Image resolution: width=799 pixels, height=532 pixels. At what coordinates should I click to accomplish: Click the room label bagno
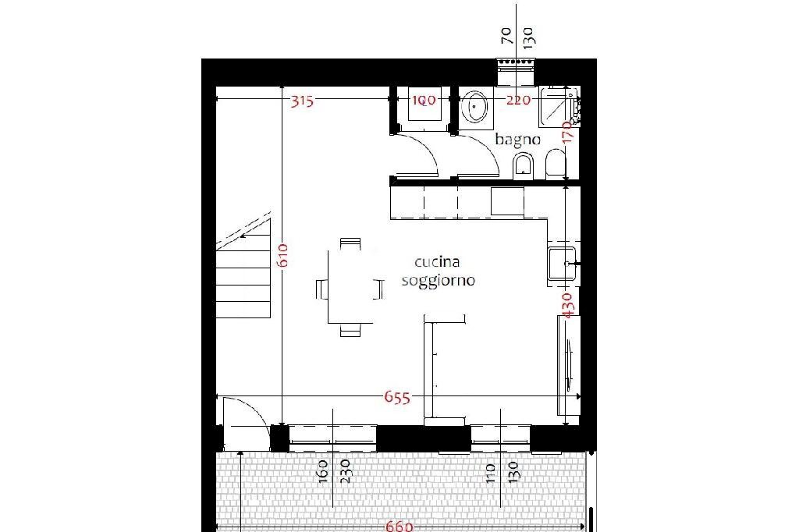coord(518,140)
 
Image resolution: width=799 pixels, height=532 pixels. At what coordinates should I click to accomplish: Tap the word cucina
coord(437,263)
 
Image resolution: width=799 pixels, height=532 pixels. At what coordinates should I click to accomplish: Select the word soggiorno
coord(438,281)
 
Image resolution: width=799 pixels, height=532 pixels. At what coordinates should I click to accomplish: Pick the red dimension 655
coord(396,397)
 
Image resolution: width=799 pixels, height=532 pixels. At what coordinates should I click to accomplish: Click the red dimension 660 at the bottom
coord(399,527)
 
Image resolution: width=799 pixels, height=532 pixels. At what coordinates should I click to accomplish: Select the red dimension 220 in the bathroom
coord(518,100)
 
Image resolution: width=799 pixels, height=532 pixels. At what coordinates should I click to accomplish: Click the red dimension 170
coord(568,136)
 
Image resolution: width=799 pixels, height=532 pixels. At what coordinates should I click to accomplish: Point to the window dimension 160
coord(324,471)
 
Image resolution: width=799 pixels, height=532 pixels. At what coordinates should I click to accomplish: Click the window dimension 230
coord(344,471)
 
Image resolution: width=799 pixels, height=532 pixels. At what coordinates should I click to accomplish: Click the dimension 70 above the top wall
coord(506,35)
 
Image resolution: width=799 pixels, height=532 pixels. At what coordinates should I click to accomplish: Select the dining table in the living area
coord(350,286)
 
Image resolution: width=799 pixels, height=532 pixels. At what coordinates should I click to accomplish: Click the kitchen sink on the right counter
coord(562,263)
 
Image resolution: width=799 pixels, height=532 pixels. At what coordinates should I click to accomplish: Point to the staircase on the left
coord(243,273)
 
